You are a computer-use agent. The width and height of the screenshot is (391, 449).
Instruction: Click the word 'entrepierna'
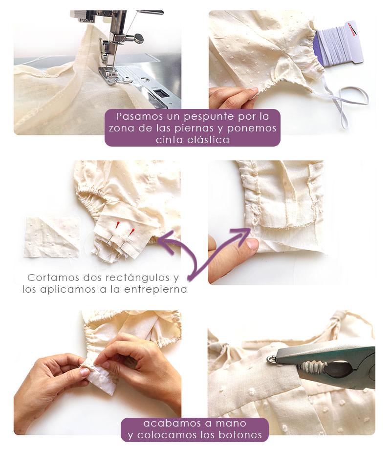coord(156,289)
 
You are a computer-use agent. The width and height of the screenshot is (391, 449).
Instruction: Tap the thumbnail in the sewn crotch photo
coord(253,244)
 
